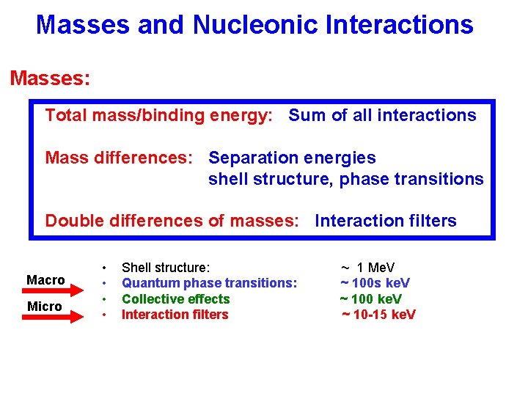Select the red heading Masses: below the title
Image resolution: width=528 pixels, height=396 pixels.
pyautogui.click(x=50, y=78)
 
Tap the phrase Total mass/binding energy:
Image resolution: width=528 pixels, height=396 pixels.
pyautogui.click(x=159, y=115)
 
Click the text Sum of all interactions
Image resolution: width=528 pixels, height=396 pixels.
pyautogui.click(x=382, y=115)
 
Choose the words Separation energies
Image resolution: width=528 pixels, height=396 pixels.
pyautogui.click(x=292, y=158)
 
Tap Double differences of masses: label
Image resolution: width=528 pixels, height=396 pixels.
pyautogui.click(x=172, y=221)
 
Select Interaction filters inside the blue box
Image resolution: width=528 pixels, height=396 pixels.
pyautogui.click(x=385, y=221)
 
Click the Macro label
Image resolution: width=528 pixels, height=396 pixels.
pyautogui.click(x=45, y=280)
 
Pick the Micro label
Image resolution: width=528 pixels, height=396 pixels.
pyautogui.click(x=45, y=307)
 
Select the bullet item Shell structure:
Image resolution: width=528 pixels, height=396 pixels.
pyautogui.click(x=166, y=268)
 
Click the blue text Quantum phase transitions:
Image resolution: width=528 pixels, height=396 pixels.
pyautogui.click(x=209, y=283)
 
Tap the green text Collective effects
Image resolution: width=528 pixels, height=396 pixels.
pyautogui.click(x=175, y=299)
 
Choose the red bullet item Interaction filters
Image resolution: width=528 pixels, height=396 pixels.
pyautogui.click(x=175, y=315)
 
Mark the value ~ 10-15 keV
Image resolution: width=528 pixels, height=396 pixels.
pyautogui.click(x=378, y=315)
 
